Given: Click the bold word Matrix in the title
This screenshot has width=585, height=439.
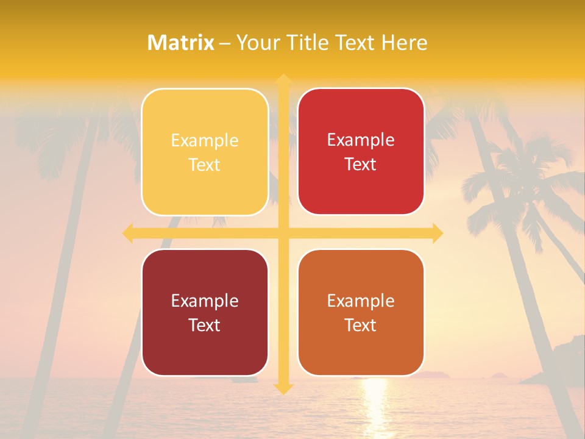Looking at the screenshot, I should click(x=181, y=43).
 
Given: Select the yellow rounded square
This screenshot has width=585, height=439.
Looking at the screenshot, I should click(x=205, y=152).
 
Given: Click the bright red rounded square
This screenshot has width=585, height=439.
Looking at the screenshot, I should click(x=361, y=152).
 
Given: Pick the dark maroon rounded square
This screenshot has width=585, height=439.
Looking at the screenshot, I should click(x=205, y=312).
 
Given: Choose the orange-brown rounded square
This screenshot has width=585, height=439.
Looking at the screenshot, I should click(x=361, y=312).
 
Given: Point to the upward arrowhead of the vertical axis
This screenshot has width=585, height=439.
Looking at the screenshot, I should click(x=283, y=79).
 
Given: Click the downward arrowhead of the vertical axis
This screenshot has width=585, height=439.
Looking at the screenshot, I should click(x=283, y=388).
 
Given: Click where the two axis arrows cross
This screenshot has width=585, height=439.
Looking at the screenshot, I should click(x=283, y=233).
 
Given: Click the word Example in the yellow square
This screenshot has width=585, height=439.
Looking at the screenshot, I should click(x=205, y=141).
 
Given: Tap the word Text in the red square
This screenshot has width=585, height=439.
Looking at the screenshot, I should click(x=361, y=165).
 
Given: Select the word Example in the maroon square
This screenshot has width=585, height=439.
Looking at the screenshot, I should click(x=205, y=301).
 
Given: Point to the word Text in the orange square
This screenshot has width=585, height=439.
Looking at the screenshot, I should click(x=361, y=326).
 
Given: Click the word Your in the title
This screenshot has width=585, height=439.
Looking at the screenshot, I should click(x=257, y=43).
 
